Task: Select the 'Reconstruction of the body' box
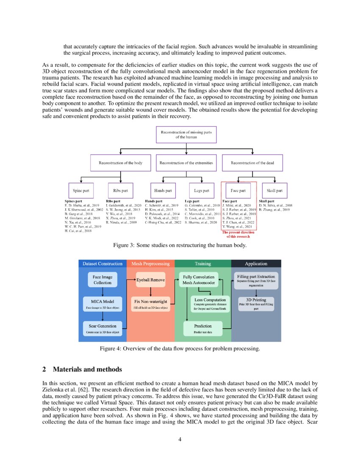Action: tap(121, 163)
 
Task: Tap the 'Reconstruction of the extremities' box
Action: tap(186, 163)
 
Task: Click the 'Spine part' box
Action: tap(81, 191)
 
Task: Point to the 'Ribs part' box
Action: tap(121, 191)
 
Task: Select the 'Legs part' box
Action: tap(202, 191)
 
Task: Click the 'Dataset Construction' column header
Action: tap(102, 264)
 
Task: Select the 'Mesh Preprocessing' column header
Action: tap(151, 264)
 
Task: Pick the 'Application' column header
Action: tap(256, 264)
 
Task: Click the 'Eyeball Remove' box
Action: tap(150, 280)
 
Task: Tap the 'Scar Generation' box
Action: tap(102, 328)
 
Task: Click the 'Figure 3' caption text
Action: tap(179, 245)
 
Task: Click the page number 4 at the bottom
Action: tap(180, 439)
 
